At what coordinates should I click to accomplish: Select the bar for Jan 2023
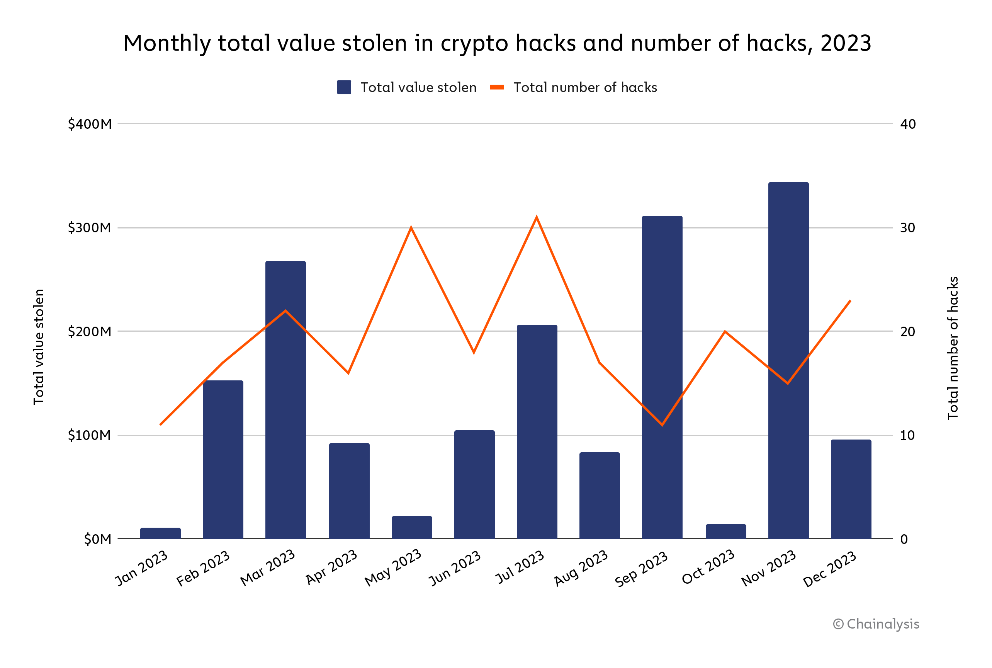point(161,533)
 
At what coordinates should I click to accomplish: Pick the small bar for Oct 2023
point(725,532)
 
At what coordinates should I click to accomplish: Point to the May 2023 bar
point(412,527)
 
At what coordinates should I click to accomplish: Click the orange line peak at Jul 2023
point(537,218)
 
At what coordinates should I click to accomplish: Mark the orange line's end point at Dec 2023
point(850,301)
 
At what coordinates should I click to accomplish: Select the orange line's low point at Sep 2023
point(662,425)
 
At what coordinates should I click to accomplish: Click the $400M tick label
point(89,124)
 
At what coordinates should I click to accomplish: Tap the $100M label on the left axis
point(89,435)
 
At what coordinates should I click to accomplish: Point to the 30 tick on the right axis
point(907,228)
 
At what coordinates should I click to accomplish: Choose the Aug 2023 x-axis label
point(581,568)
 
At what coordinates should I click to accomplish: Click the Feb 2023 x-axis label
point(204,568)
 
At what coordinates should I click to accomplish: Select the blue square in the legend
point(344,87)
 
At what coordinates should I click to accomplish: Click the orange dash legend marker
point(497,87)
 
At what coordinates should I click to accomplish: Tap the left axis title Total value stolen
point(39,347)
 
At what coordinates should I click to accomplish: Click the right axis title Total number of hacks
point(953,348)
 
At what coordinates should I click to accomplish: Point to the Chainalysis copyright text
point(876,624)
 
